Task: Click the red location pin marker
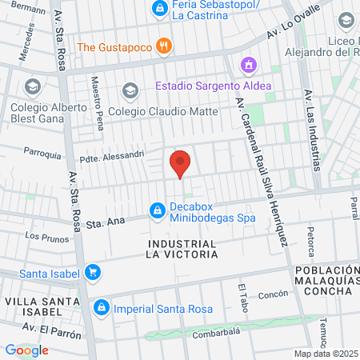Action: point(181,163)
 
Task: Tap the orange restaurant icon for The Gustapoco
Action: point(163,46)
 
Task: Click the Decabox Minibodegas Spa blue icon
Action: point(157,210)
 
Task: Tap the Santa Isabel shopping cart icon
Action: point(93,273)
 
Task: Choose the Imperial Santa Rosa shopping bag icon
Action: point(102,307)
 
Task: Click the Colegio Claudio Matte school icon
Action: point(130,90)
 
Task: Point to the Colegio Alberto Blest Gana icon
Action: point(33,86)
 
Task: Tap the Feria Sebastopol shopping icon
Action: point(158,10)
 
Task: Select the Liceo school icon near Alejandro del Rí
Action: point(346,19)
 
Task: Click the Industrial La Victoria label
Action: point(182,249)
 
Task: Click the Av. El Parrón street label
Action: point(49,327)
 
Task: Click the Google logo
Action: point(26,350)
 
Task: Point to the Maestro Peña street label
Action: point(98,94)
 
